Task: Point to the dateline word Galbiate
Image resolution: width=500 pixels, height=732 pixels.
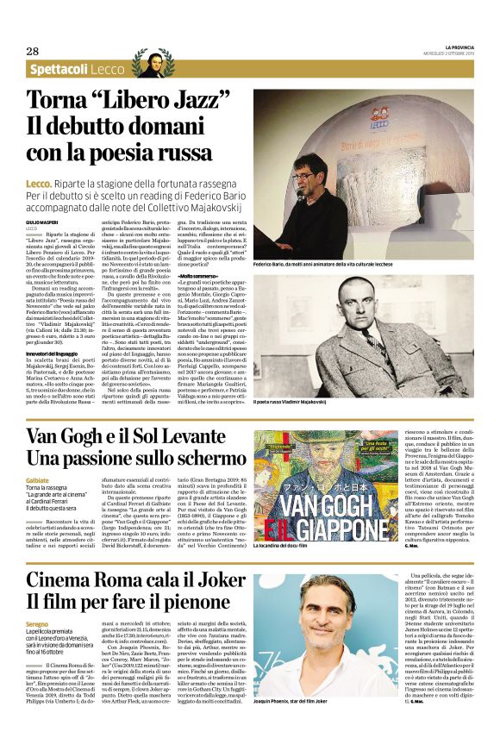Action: click(37, 479)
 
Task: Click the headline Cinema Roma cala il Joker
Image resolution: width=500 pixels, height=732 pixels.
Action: click(136, 579)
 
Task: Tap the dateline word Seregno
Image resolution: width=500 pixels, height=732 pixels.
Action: click(37, 623)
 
